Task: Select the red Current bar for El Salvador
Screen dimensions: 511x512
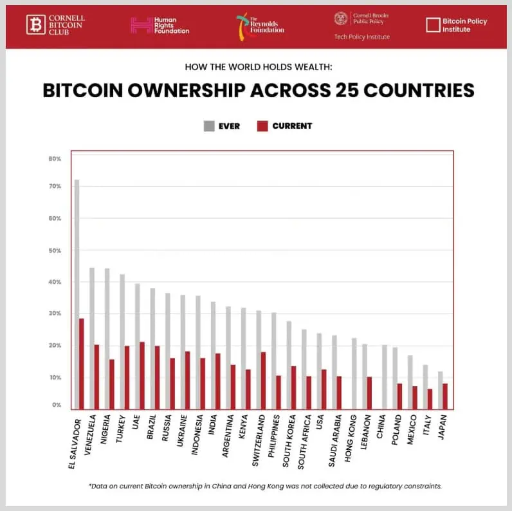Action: [x=82, y=364]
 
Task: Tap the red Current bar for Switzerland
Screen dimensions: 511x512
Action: [x=264, y=380]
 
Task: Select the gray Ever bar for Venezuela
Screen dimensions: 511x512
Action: [x=92, y=338]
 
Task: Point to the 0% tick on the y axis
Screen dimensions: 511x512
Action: [x=57, y=405]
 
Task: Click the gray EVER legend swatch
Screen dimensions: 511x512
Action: [x=209, y=126]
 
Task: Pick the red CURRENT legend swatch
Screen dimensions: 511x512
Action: [x=262, y=126]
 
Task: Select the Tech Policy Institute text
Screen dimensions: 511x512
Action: [x=361, y=37]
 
